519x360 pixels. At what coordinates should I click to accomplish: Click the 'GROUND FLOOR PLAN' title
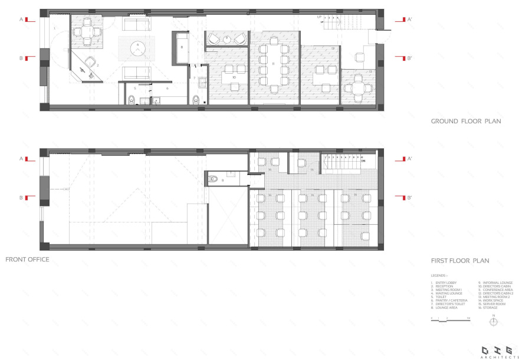[x=465, y=122]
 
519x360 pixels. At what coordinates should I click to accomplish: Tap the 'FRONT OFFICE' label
[x=27, y=259]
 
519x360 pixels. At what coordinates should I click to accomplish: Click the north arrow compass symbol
[x=494, y=321]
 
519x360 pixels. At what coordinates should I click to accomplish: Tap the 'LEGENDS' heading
[x=440, y=275]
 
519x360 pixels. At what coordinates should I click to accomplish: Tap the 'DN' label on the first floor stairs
[x=364, y=161]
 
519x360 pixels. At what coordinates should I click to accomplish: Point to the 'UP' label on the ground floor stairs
[x=320, y=18]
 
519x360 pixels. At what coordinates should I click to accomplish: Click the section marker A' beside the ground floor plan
[x=406, y=19]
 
